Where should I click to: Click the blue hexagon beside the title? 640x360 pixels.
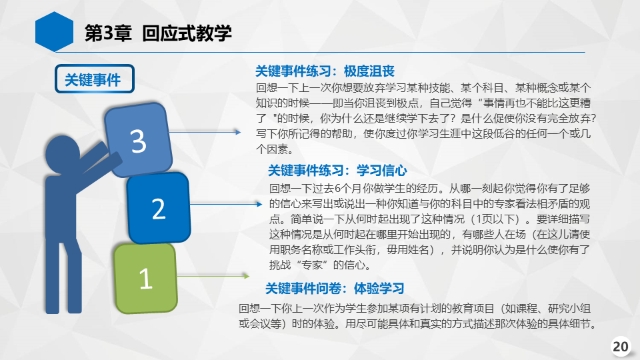(x=54, y=32)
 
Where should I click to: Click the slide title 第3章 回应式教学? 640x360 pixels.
(x=158, y=33)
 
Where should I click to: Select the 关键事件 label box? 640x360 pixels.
(x=94, y=79)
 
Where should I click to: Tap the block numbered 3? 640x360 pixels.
(x=138, y=139)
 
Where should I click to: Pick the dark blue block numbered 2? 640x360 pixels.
(x=159, y=208)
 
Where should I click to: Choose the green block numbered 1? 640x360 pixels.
(x=146, y=279)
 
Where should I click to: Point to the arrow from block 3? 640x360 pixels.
(x=205, y=132)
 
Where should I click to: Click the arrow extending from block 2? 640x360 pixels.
(x=226, y=204)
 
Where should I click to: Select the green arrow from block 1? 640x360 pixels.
(x=213, y=276)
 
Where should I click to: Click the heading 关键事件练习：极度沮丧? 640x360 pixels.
(x=325, y=71)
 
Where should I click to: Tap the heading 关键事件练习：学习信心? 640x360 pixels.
(x=337, y=170)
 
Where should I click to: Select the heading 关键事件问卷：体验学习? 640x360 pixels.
(x=335, y=289)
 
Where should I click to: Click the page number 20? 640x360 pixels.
(x=621, y=347)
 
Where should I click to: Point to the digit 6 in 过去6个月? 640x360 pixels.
(x=338, y=189)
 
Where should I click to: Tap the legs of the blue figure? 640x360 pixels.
(x=63, y=276)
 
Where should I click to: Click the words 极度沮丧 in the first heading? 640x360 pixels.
(x=369, y=71)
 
